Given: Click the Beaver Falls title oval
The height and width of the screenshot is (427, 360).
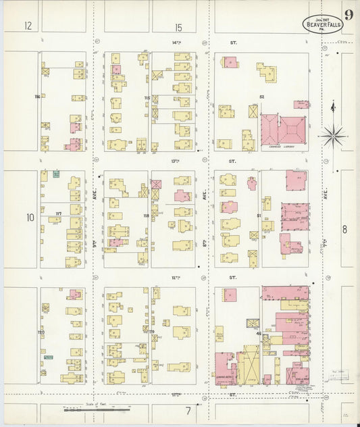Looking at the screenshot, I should (322, 24).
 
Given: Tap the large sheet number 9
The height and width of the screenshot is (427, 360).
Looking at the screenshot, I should (349, 16).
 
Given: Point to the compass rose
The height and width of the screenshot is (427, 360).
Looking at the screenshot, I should (333, 136).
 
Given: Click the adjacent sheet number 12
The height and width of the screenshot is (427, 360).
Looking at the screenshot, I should (28, 27).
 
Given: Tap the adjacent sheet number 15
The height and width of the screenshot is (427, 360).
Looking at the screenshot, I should (178, 28).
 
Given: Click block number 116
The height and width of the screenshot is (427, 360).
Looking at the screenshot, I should (38, 97).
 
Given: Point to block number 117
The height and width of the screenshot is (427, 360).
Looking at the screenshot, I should (58, 214).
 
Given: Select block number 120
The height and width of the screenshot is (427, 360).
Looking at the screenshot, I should (41, 333).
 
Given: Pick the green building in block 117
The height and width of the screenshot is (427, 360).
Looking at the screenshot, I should (56, 174).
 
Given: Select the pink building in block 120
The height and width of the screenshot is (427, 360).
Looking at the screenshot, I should (75, 294).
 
